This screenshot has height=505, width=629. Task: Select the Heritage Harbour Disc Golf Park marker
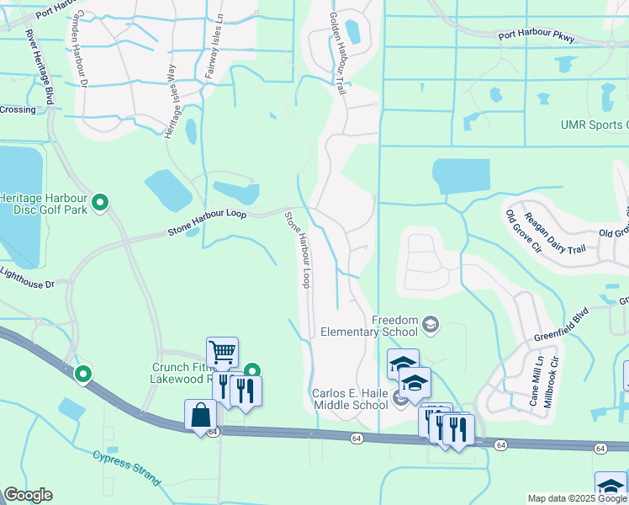100,202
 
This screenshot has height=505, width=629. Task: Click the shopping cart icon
222,352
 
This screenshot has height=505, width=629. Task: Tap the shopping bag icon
200,414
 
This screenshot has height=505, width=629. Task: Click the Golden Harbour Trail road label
337,52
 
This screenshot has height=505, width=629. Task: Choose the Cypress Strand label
125,467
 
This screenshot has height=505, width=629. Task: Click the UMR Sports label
594,125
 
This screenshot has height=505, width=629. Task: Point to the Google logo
28,494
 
